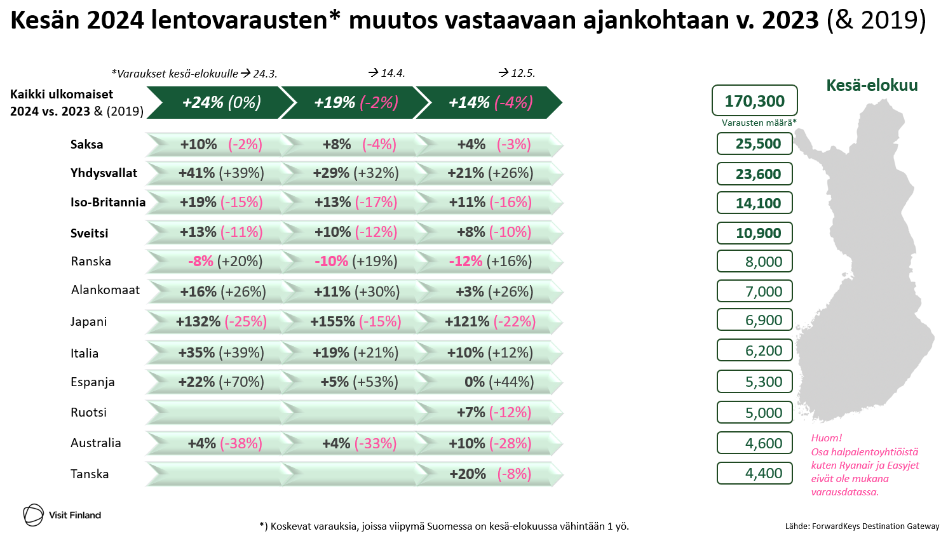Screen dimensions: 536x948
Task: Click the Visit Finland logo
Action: (62, 515)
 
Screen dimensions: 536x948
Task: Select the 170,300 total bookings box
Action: (754, 101)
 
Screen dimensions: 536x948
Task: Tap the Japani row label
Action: (89, 321)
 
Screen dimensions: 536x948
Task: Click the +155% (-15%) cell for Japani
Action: (355, 322)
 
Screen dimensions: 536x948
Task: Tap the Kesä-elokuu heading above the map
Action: (872, 85)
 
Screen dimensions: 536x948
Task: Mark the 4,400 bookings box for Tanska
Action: (754, 473)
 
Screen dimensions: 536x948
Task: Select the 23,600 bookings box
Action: (754, 174)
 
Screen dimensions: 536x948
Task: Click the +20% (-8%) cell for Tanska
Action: (490, 474)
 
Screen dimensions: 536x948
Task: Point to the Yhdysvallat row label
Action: (104, 173)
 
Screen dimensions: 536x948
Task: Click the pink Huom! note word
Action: (826, 438)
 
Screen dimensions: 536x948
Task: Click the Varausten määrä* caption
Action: (759, 123)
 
